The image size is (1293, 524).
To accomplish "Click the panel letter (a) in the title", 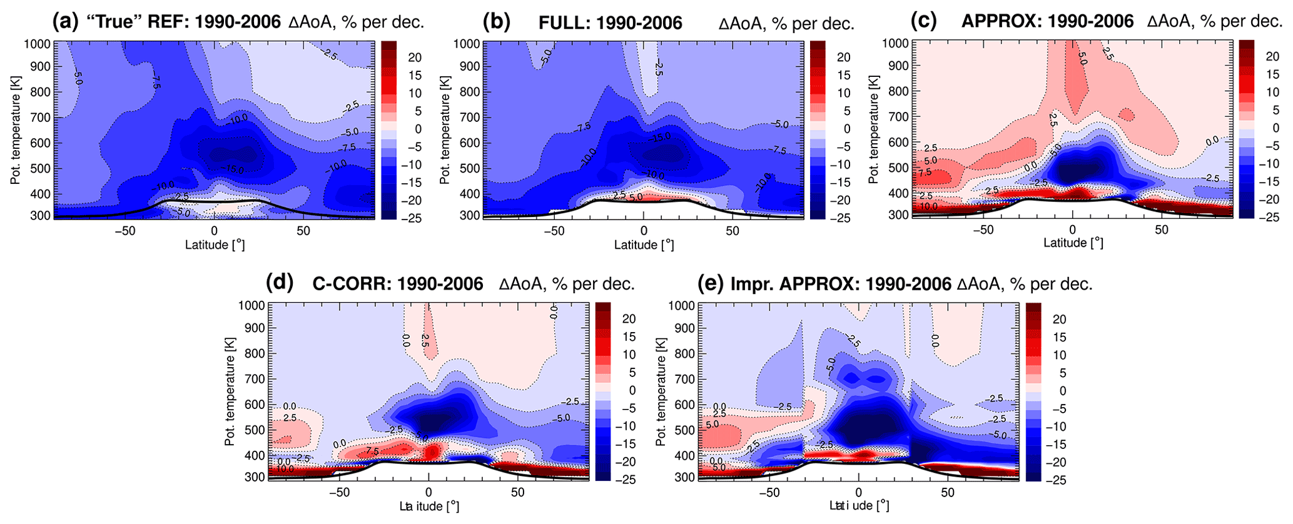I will tap(66, 22).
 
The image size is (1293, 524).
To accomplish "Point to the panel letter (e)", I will tap(711, 283).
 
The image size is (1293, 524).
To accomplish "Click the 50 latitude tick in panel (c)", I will tap(1162, 229).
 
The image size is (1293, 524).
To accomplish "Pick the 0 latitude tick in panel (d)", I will tap(428, 492).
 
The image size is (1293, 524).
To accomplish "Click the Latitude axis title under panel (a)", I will tap(215, 244).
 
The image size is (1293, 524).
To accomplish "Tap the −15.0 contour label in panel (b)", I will tap(659, 137).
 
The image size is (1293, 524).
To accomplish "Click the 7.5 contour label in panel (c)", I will tap(925, 173).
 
